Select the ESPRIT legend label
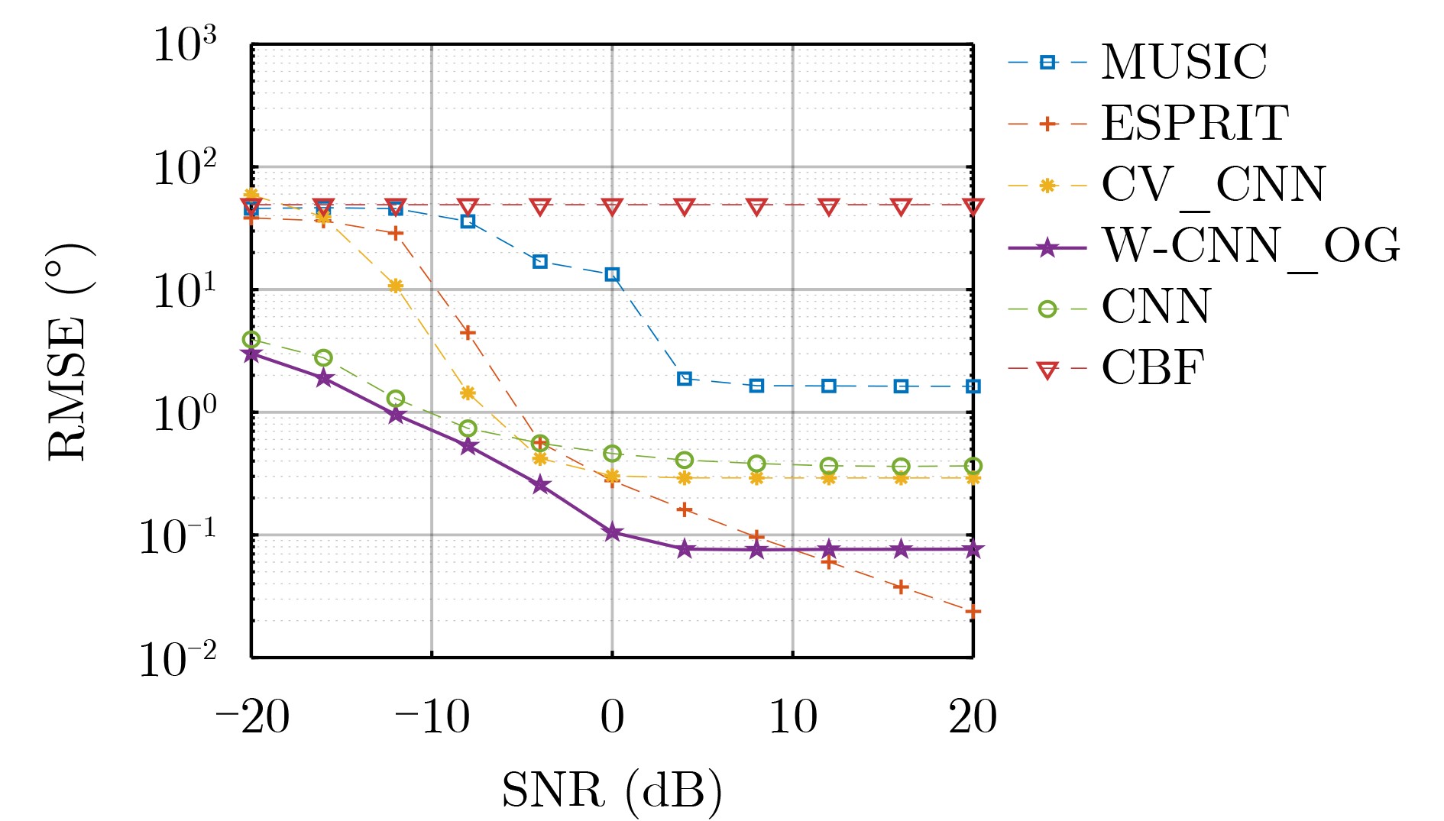click(x=1194, y=123)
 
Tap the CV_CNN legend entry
click(x=1213, y=185)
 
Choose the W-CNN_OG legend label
click(x=1250, y=247)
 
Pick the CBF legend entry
click(x=1152, y=369)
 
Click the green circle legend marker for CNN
click(x=1047, y=309)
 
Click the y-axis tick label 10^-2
click(x=177, y=658)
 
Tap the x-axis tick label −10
click(x=432, y=718)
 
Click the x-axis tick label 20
click(x=973, y=718)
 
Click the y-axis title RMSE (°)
click(x=69, y=351)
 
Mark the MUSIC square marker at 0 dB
click(x=612, y=274)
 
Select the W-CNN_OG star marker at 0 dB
click(x=612, y=532)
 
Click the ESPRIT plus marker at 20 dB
click(x=973, y=611)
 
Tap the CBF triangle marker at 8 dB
click(x=756, y=207)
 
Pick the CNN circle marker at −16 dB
click(x=323, y=357)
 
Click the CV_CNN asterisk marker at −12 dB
click(x=396, y=286)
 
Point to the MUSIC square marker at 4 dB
click(x=685, y=379)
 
